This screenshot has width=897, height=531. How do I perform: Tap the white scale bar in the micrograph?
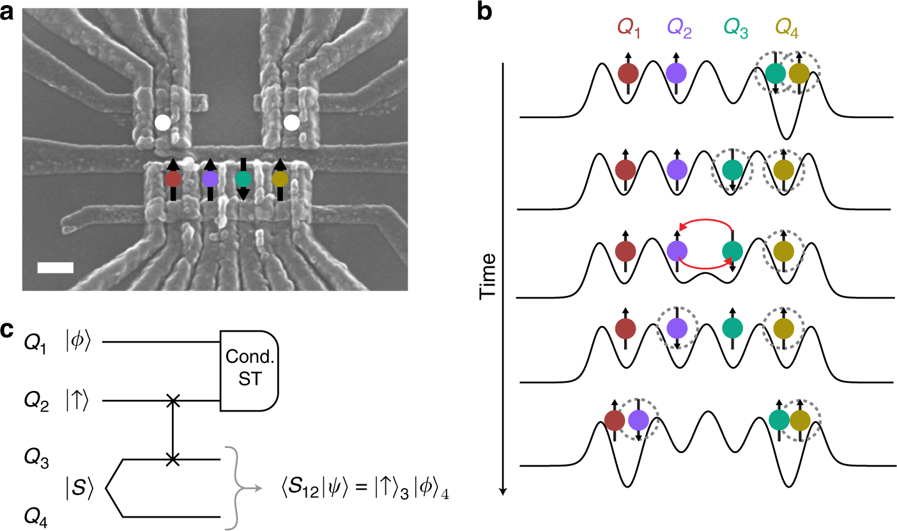[56, 267]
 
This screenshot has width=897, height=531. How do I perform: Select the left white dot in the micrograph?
[163, 121]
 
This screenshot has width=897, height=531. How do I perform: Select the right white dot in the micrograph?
[291, 121]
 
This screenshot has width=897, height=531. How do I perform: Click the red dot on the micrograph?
[173, 179]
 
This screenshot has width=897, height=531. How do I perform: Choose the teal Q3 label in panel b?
[733, 27]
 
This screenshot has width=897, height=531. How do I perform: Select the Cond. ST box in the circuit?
[250, 371]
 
